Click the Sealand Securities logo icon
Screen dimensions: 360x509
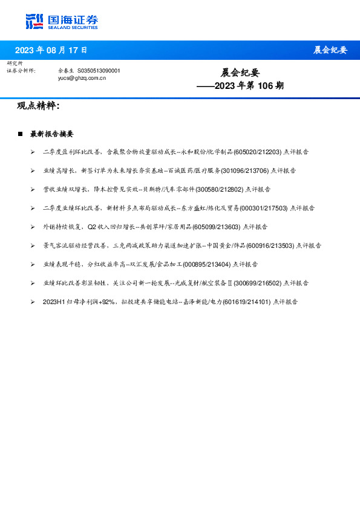[x=34, y=21]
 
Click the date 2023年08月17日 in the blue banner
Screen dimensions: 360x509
[x=51, y=50]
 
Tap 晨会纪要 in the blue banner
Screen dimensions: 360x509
[x=330, y=50]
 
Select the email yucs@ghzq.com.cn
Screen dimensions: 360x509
[x=82, y=78]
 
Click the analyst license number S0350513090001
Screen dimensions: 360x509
[x=99, y=71]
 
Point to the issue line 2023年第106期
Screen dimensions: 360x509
[x=240, y=86]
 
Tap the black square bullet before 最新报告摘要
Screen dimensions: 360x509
[x=20, y=134]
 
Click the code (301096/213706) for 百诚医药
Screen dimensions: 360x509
[x=245, y=171]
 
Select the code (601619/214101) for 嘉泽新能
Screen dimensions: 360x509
[x=247, y=301]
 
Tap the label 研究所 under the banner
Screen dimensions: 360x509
[x=15, y=63]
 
